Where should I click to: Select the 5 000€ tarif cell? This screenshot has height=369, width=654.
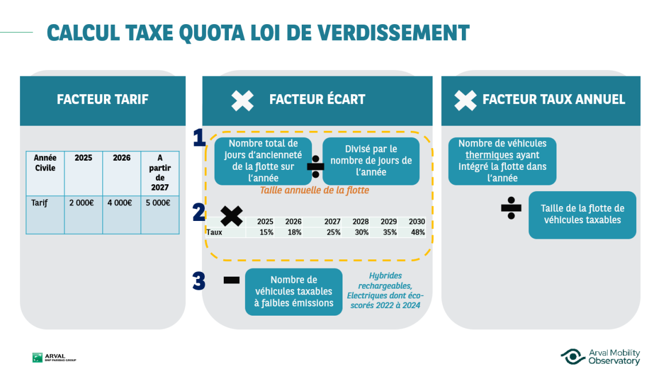[160, 203]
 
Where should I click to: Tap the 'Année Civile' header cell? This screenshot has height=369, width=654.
[45, 163]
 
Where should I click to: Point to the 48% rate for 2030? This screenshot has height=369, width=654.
[417, 232]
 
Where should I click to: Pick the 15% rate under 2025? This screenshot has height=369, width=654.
[266, 232]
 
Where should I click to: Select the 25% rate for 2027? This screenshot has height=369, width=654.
[333, 232]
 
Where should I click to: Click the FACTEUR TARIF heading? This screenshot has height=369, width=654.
[103, 99]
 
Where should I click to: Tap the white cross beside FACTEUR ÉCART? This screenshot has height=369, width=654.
[242, 100]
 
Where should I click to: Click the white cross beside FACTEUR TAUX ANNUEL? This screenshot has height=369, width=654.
[465, 100]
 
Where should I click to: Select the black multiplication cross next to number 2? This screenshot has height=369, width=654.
[231, 216]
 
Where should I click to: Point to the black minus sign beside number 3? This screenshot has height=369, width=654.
[231, 281]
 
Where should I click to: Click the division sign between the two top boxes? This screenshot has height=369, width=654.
[316, 166]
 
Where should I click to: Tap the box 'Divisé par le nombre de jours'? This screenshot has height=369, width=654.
[371, 161]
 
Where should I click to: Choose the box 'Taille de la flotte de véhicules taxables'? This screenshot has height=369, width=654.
[582, 215]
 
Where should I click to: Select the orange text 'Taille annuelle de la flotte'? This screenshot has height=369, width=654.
[314, 191]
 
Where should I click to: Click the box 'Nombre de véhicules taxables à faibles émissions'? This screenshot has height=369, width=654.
[294, 292]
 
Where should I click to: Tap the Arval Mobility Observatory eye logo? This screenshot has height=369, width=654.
[573, 356]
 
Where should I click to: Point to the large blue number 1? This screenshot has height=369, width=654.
[199, 138]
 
